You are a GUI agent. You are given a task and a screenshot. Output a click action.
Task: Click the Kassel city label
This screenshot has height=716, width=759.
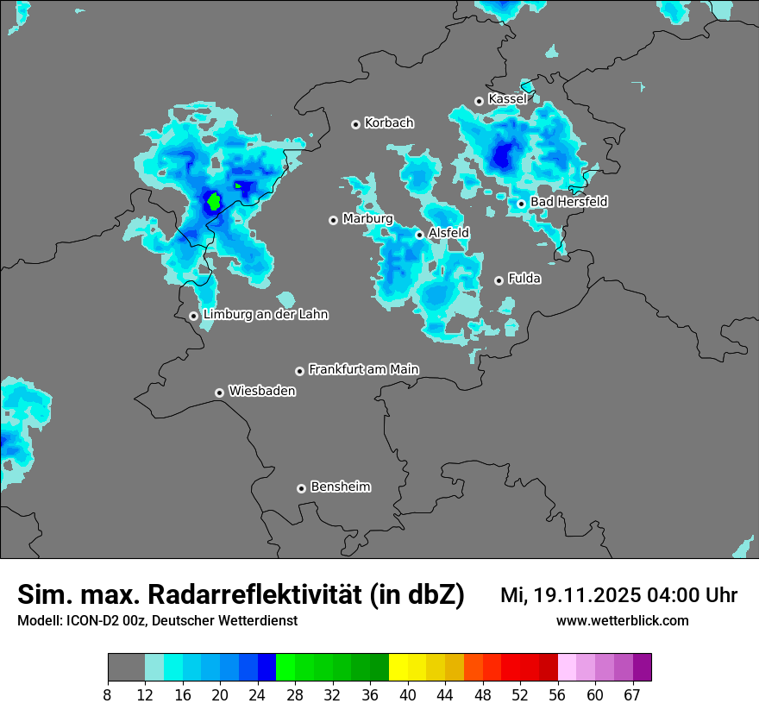(507, 99)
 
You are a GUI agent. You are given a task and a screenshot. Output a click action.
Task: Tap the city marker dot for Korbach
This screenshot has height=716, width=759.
(355, 124)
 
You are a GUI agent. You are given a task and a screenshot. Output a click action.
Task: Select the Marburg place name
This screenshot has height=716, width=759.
(367, 219)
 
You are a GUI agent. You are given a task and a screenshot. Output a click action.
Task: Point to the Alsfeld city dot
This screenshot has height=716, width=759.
(420, 235)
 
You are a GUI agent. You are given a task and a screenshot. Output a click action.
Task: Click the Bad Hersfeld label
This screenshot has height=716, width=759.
(568, 202)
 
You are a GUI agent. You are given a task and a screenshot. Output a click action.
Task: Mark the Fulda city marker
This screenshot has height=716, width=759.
(499, 280)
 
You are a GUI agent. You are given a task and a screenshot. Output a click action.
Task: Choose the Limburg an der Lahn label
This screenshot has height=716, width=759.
(265, 315)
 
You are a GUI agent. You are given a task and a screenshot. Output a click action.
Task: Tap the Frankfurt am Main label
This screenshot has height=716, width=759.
(363, 369)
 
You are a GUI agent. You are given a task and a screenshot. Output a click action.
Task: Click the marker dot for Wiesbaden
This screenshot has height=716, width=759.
(220, 393)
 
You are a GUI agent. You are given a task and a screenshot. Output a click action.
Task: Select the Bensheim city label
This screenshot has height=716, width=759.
(340, 487)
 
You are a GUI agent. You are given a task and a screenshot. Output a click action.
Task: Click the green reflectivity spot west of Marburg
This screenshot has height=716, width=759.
(213, 202)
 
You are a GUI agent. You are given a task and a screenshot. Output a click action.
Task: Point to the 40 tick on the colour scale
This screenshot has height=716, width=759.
(408, 694)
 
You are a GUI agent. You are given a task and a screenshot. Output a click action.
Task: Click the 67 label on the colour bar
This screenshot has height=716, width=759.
(632, 694)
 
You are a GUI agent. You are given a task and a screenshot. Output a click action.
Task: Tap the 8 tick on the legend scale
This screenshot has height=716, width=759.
(108, 694)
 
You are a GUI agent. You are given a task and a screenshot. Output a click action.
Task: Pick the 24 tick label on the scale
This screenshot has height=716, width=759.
(258, 694)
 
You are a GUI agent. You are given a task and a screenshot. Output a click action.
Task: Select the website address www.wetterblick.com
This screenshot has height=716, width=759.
(622, 620)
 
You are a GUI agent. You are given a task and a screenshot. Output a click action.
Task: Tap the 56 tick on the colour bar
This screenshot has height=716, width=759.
(558, 694)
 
